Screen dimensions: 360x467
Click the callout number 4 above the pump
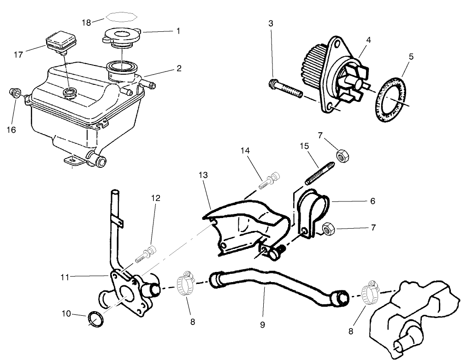coord(368,40)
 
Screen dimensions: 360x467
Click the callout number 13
coord(204,175)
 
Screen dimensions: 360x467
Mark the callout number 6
coord(372,201)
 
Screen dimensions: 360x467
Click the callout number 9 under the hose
coord(262,324)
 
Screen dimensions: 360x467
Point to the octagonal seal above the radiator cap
coord(121,18)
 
